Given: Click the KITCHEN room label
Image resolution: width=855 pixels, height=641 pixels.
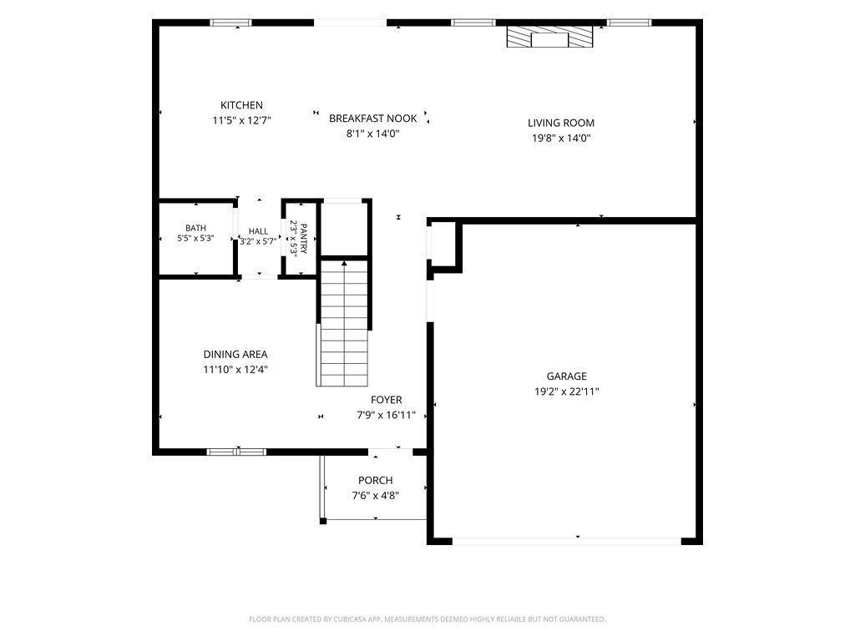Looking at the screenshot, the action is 241,105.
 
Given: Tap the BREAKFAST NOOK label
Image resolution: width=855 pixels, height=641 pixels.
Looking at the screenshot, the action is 373,119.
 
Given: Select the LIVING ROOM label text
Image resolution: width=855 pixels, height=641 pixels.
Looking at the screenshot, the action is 561,124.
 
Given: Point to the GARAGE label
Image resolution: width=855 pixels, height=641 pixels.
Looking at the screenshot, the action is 567,376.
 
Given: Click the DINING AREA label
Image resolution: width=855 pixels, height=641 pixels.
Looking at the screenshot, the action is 235,354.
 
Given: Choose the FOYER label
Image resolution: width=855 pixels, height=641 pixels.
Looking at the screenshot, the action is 387,400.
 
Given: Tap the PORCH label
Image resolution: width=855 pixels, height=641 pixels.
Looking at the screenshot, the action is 376,480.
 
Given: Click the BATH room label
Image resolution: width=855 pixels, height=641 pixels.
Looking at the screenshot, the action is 195,228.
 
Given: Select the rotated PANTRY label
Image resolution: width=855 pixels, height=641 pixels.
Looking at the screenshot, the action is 304,239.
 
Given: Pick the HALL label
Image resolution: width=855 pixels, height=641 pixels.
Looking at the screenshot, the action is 258,231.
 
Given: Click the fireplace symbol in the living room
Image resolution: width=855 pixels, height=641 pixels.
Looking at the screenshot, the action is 549,37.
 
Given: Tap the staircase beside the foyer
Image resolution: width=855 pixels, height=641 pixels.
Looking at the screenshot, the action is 344,323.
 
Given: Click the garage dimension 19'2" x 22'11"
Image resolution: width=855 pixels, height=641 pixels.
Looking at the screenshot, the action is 567,391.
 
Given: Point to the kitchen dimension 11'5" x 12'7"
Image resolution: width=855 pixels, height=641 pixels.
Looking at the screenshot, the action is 241,120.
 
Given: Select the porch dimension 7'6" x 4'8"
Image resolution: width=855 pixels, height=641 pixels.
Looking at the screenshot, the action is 376,496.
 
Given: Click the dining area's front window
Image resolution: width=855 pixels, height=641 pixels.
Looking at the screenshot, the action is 236,452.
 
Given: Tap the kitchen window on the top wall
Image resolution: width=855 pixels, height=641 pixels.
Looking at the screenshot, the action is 231,23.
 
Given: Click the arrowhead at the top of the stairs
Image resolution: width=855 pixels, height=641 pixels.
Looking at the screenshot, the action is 344,264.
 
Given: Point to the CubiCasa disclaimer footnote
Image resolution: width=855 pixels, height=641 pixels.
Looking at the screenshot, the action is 427,619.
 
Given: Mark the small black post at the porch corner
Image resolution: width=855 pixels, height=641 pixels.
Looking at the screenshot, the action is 323,521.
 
